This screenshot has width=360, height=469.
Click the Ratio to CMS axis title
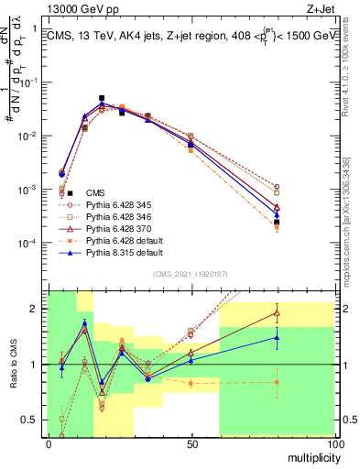click(x=14, y=365)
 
